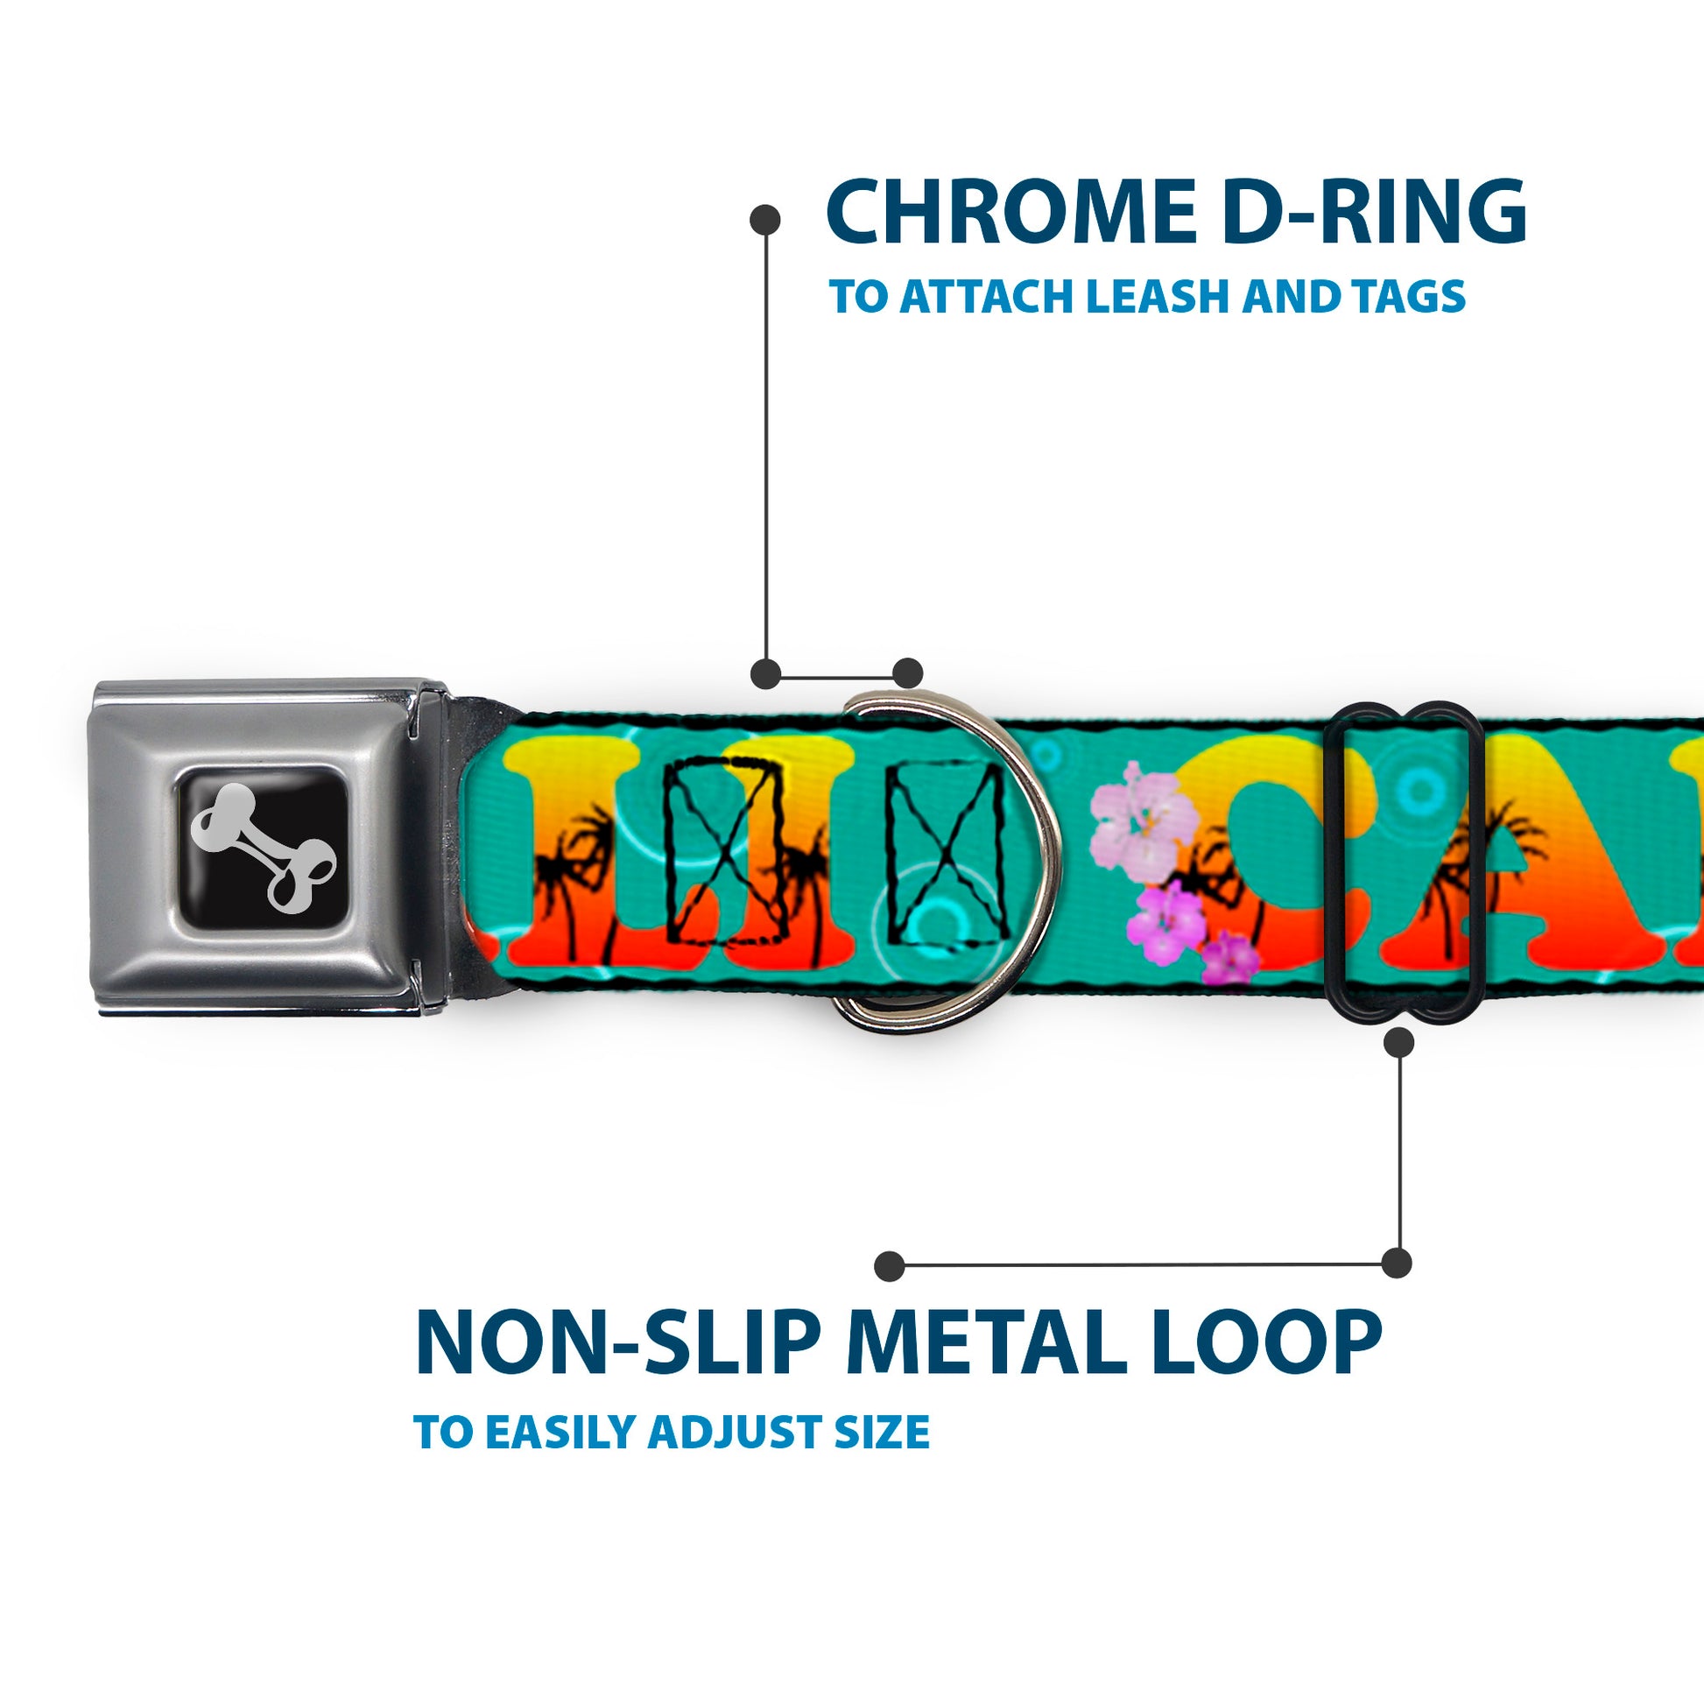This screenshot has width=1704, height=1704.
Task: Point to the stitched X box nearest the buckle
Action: [x=725, y=851]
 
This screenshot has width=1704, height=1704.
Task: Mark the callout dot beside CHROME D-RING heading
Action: [x=764, y=220]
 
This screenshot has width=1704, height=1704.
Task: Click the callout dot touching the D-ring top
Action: [x=907, y=672]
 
